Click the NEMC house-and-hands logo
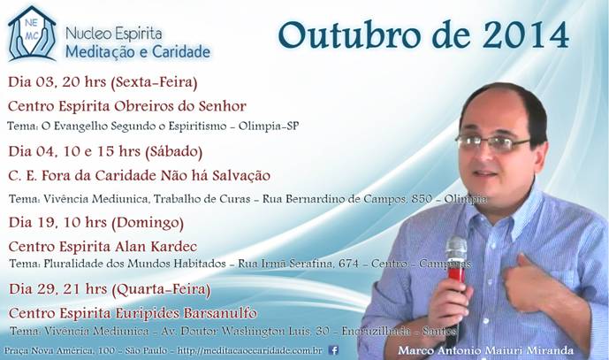click(32, 34)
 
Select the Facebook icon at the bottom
click(333, 350)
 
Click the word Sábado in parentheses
click(173, 151)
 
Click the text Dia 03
click(32, 82)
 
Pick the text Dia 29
click(32, 289)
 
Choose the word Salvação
click(241, 176)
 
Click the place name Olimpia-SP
click(269, 126)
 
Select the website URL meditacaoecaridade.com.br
click(250, 350)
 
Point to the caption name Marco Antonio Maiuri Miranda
click(485, 350)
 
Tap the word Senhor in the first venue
click(222, 106)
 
